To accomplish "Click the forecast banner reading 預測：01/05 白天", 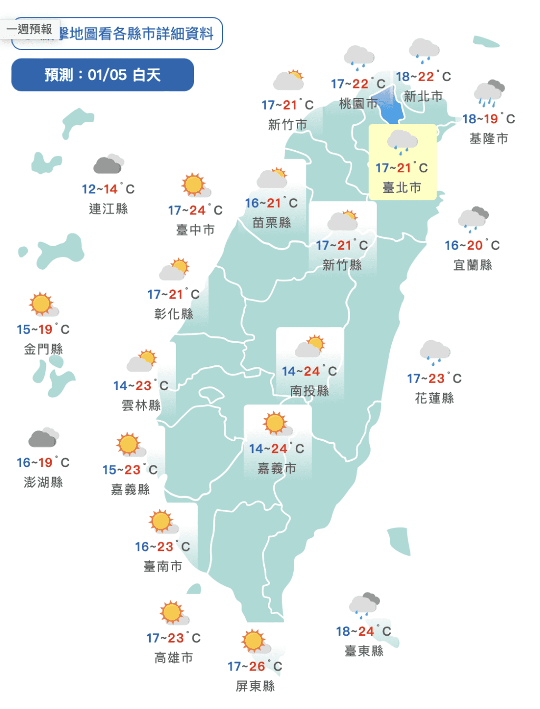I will click(102, 75).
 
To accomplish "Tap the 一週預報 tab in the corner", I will click(30, 29).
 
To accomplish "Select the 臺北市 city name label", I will click(402, 188).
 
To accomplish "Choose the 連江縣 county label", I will click(108, 209).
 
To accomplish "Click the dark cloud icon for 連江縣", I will click(108, 164).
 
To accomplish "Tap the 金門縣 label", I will click(43, 349).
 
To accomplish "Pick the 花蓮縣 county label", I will click(434, 398).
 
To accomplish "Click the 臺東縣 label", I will click(364, 651).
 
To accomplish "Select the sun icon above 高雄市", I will click(173, 613).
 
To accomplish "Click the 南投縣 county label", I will click(310, 391).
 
